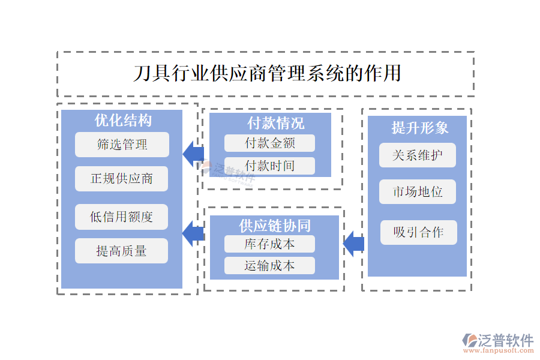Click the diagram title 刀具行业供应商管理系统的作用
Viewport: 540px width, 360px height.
[x=266, y=74]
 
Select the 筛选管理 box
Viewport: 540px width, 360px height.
[x=122, y=145]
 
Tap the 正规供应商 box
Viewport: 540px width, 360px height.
[x=122, y=179]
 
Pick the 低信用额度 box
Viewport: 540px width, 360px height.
[x=122, y=217]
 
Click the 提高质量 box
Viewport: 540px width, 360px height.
[x=122, y=251]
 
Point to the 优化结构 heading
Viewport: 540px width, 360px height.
[x=122, y=120]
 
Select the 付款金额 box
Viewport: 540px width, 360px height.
[x=269, y=143]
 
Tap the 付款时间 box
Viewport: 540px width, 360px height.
[x=269, y=166]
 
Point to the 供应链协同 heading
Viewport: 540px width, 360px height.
[x=275, y=226]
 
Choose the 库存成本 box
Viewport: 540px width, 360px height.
[x=269, y=244]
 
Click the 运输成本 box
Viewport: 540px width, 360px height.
[x=269, y=265]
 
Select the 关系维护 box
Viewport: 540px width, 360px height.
[x=418, y=155]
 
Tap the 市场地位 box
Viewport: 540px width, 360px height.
[x=418, y=192]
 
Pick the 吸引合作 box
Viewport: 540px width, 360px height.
[x=418, y=232]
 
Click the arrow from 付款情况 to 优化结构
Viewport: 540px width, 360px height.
[x=193, y=154]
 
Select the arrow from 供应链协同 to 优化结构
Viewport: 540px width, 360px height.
[x=193, y=233]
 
